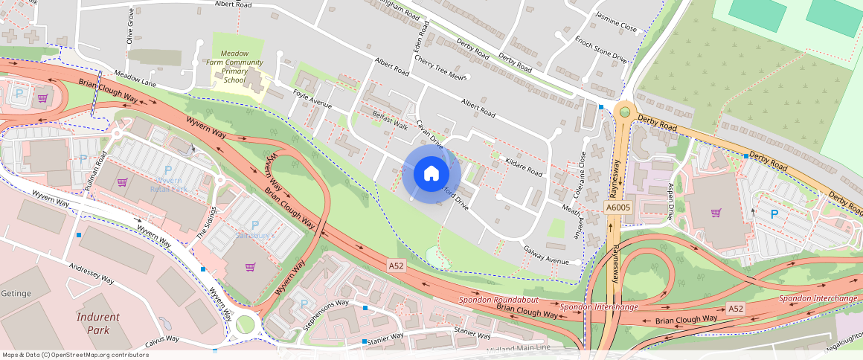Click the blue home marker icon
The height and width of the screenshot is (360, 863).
pyautogui.click(x=431, y=174)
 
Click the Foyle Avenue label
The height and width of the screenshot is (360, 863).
pyautogui.click(x=312, y=100)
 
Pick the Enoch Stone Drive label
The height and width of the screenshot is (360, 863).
pyautogui.click(x=600, y=51)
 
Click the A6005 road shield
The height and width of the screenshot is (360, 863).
pyautogui.click(x=617, y=209)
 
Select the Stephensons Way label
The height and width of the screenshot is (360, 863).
pyautogui.click(x=326, y=314)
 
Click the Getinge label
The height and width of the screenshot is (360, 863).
pyautogui.click(x=16, y=294)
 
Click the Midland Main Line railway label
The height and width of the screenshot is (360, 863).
pyautogui.click(x=519, y=348)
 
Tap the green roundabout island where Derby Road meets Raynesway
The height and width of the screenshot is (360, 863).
pyautogui.click(x=625, y=112)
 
